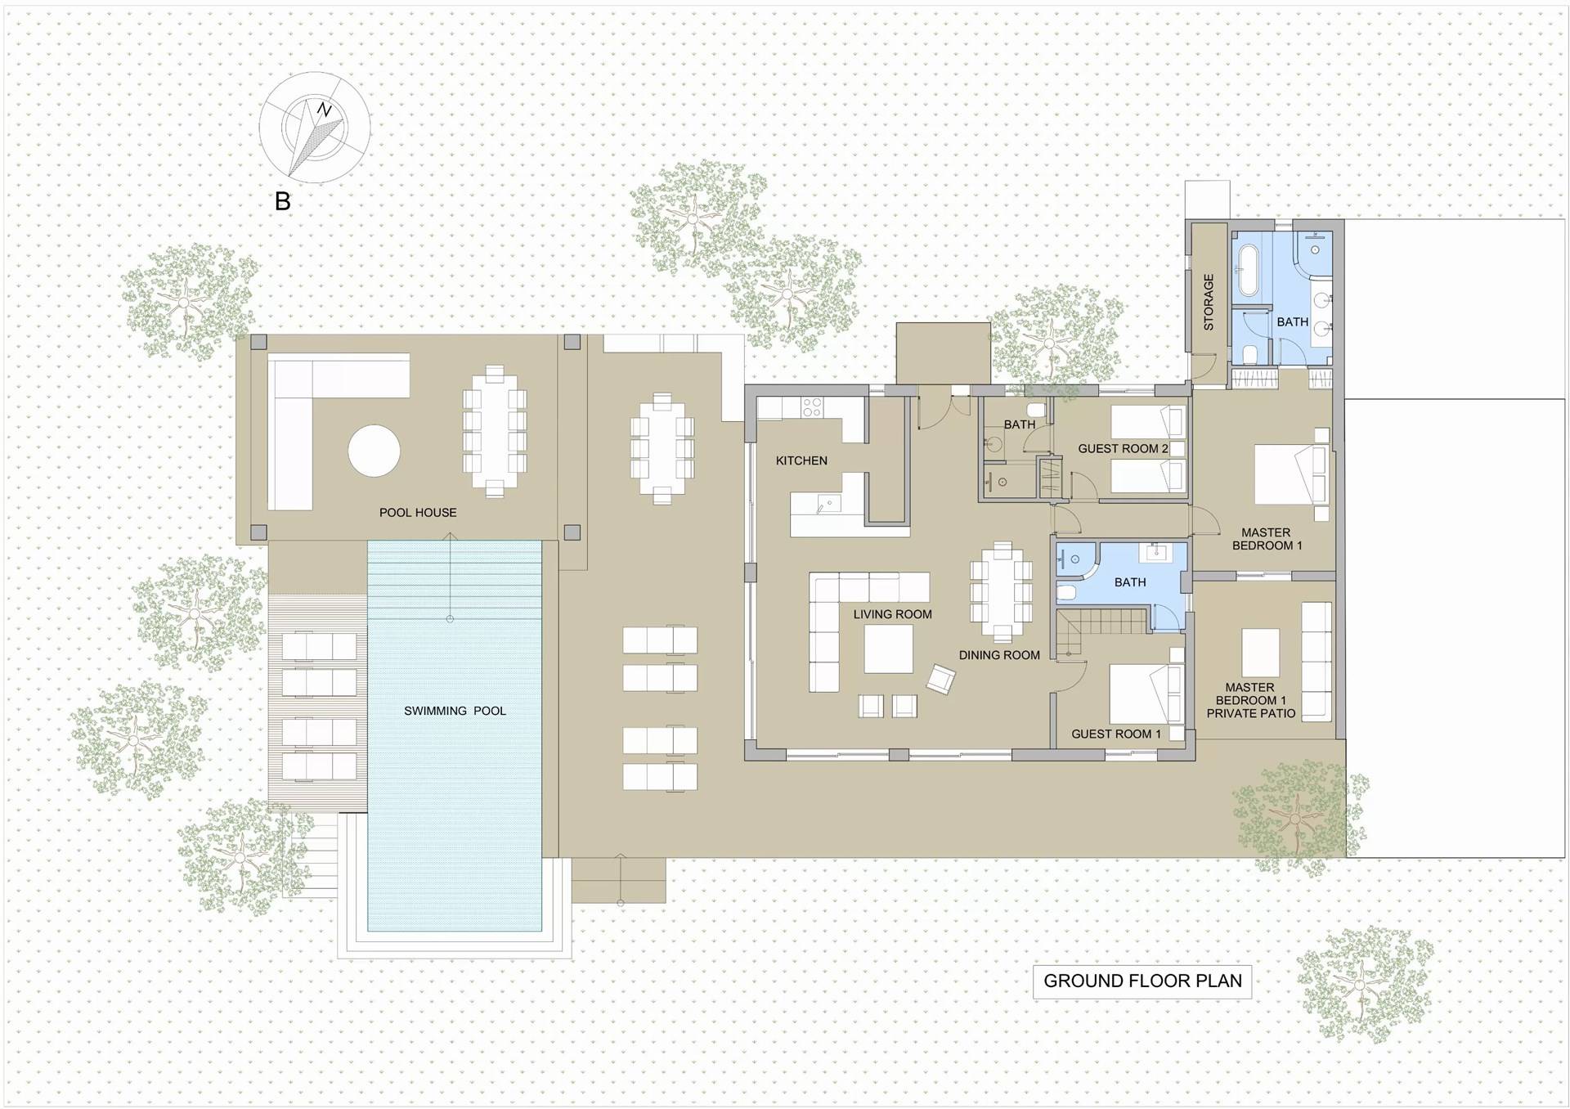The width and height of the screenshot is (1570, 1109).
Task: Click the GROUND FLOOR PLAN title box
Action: coord(1142,981)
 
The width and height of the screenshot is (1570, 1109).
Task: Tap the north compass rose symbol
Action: coord(314,128)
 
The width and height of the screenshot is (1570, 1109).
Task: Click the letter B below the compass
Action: coord(282,200)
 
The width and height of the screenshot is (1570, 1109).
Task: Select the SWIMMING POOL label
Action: coord(455,711)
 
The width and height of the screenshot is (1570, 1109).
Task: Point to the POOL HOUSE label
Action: coord(418,513)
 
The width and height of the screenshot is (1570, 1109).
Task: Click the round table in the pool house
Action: coord(375,450)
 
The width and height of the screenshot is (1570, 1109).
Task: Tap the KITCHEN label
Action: coord(801,460)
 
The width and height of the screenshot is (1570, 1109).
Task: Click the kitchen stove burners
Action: coord(811,406)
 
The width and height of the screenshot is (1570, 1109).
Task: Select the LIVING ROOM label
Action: coord(892,614)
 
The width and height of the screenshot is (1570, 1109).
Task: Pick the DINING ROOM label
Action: coord(999,655)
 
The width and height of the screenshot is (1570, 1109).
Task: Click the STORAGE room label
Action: coord(1209,302)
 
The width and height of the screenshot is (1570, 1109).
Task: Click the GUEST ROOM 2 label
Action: coord(1123,448)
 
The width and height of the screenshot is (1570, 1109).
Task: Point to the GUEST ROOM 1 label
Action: coord(1116,734)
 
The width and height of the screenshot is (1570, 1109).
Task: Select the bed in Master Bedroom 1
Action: coord(1290,474)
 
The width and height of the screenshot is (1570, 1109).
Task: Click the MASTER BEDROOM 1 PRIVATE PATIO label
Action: coord(1250,700)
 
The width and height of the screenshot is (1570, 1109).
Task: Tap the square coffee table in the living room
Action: coord(889,649)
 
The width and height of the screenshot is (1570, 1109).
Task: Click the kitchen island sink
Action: coord(827,505)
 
